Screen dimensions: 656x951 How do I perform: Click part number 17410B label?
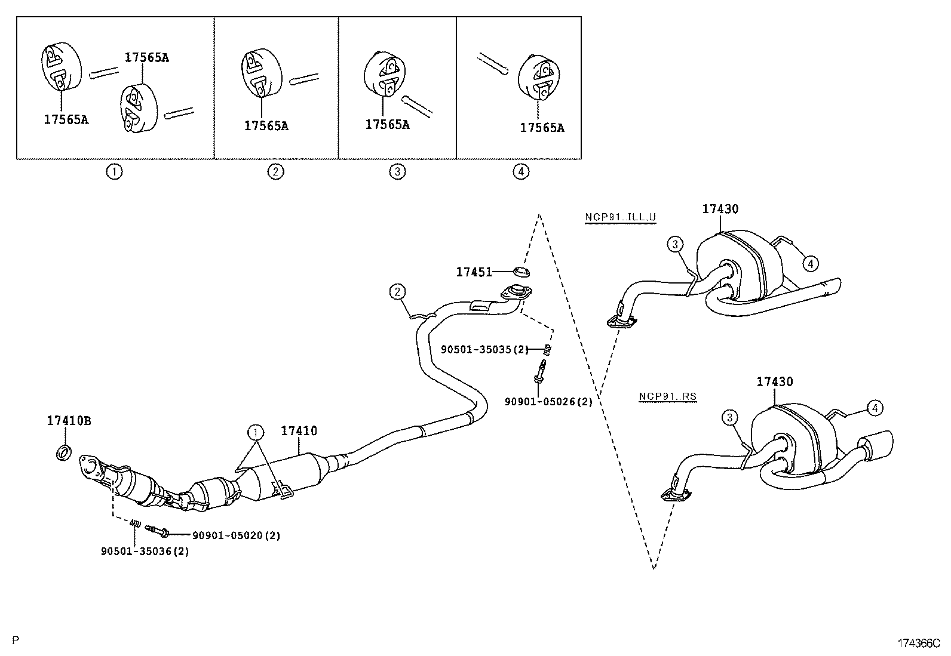click(69, 421)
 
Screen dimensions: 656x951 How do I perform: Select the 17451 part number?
click(474, 272)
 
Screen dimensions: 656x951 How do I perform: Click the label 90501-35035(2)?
click(484, 349)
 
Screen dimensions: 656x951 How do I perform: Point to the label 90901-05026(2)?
click(548, 402)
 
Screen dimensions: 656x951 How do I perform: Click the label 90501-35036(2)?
click(145, 552)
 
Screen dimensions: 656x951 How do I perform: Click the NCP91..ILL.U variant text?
click(620, 217)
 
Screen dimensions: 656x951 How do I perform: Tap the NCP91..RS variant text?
click(667, 396)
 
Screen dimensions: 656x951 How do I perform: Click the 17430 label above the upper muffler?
click(720, 209)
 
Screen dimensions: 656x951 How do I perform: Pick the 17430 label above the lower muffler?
click(774, 381)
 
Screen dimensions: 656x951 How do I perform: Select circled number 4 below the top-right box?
click(521, 172)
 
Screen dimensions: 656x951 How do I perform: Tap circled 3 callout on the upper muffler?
click(675, 244)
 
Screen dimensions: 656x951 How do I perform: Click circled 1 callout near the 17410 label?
click(256, 432)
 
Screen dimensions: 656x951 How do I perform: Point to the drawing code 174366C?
click(918, 643)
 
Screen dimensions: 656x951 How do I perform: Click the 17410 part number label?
click(299, 430)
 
